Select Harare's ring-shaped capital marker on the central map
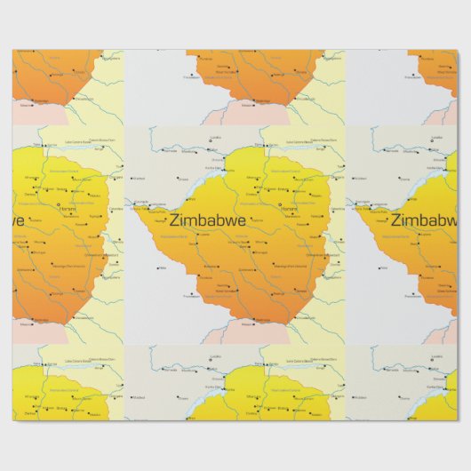coord(281,206)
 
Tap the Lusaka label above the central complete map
coord(216,138)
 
